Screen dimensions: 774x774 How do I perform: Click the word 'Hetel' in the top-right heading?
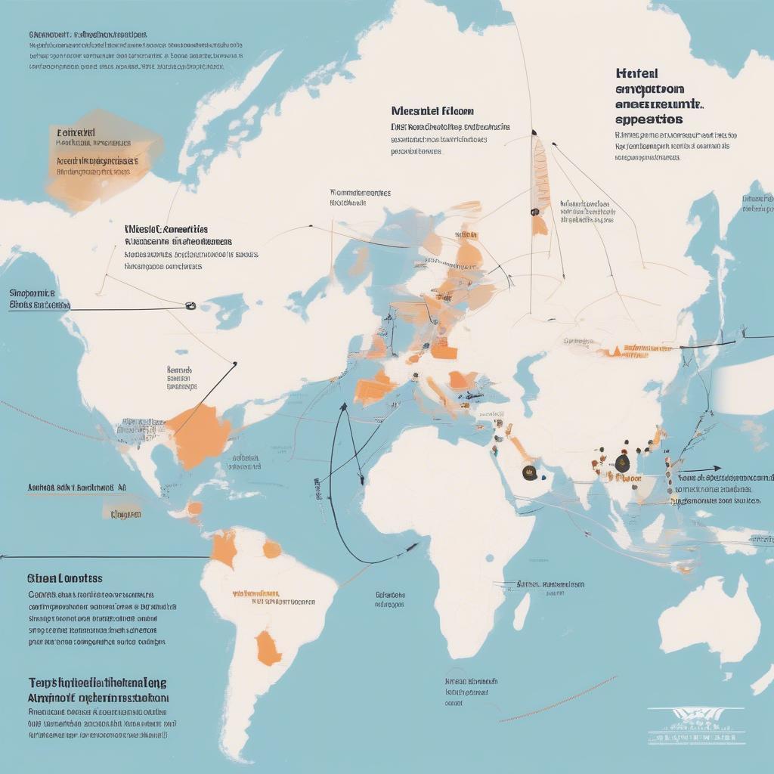tap(636, 73)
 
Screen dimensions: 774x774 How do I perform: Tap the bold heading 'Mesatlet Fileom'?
tap(427, 110)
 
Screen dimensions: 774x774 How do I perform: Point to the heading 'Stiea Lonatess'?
tap(64, 578)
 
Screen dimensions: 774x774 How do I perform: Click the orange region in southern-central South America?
tap(268, 649)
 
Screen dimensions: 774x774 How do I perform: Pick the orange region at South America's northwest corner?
tap(224, 547)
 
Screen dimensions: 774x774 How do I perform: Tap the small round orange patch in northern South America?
tap(271, 549)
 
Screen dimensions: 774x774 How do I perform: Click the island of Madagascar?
tap(522, 611)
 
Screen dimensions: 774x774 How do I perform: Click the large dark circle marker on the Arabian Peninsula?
tap(530, 473)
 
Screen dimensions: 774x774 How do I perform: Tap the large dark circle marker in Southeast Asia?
tap(621, 463)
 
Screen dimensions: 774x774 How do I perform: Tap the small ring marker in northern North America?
tap(190, 306)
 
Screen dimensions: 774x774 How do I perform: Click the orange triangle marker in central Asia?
tap(616, 350)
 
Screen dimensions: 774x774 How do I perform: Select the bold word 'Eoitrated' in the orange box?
tap(76, 132)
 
